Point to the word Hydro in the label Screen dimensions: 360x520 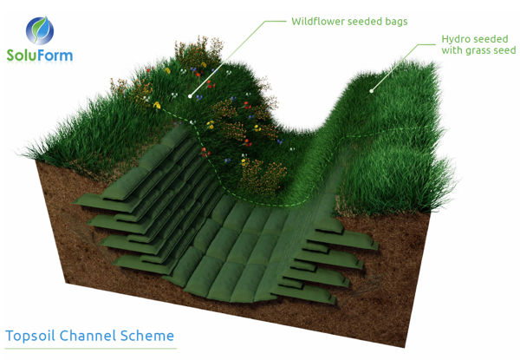457,40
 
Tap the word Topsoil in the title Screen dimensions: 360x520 33,335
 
